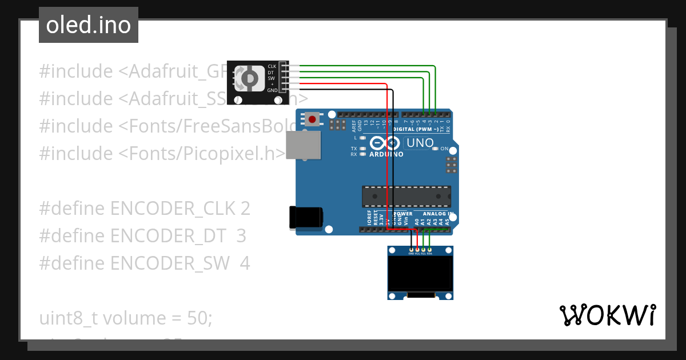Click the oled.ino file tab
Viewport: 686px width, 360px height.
88,25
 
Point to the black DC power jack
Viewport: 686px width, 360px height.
306,218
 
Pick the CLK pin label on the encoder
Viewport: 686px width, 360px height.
272,67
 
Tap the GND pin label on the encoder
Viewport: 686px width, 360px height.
272,90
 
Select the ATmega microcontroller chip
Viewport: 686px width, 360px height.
406,197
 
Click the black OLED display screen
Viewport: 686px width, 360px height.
420,273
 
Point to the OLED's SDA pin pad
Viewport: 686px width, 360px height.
429,250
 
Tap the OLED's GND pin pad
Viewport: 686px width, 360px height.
411,250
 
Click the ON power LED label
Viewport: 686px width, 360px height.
444,149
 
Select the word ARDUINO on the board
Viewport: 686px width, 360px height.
386,154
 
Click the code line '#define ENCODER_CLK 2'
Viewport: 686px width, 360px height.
145,209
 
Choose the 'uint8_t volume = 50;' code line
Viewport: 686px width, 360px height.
126,318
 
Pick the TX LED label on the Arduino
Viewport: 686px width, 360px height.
354,149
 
